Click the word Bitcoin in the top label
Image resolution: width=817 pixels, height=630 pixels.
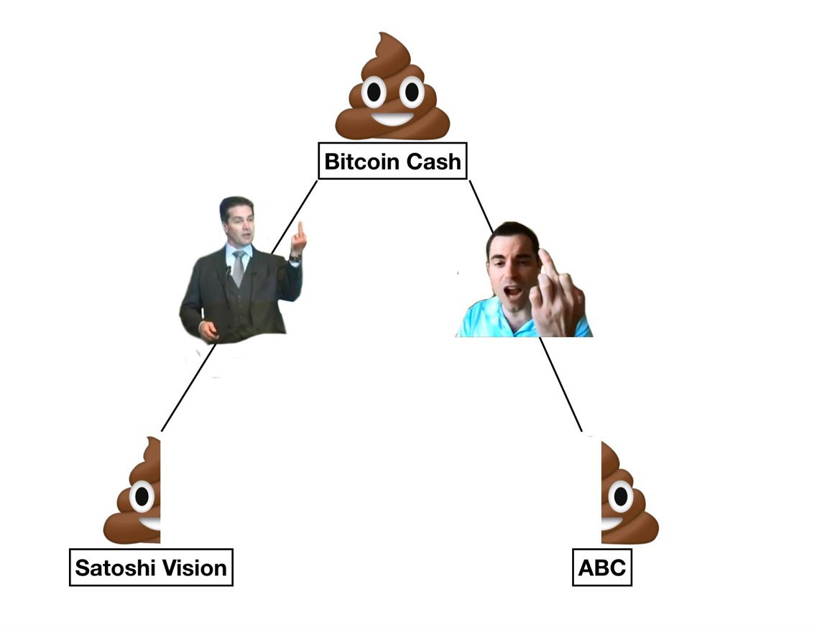[361, 162]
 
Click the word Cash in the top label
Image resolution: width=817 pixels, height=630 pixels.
[433, 162]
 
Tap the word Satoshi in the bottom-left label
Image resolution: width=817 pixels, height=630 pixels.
[115, 568]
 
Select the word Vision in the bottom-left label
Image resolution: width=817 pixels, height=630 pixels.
[195, 568]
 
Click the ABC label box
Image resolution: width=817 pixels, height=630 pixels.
[602, 567]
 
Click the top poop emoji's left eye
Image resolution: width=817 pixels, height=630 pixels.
[374, 92]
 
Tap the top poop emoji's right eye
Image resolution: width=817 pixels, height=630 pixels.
[412, 92]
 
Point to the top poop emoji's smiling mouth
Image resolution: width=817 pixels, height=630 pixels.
[392, 119]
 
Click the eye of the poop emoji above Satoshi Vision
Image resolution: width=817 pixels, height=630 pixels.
[142, 496]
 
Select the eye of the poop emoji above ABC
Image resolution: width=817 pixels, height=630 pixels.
[621, 496]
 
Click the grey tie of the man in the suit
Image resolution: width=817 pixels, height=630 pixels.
[238, 268]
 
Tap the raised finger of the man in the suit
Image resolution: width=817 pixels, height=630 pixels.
[300, 231]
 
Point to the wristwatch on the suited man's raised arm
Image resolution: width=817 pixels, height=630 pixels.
[295, 257]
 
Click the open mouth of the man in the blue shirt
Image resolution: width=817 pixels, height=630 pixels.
[513, 291]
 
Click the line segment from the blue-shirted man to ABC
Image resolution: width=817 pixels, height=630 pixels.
[560, 384]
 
